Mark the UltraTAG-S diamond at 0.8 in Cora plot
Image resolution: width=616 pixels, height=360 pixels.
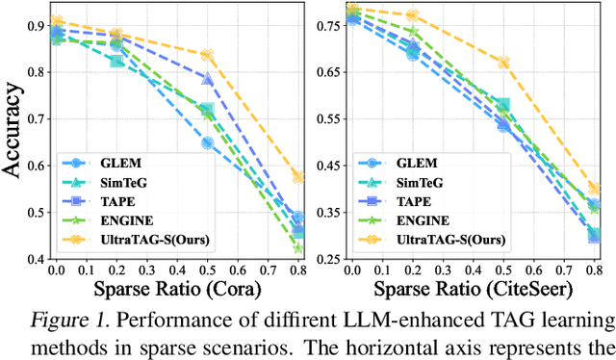(x=298, y=177)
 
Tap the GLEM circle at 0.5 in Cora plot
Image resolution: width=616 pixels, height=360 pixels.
(x=207, y=143)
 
